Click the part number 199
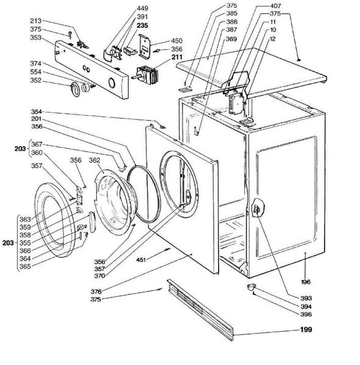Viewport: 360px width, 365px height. (x=306, y=330)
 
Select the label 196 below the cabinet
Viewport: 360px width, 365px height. (x=306, y=282)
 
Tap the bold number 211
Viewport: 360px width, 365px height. (x=177, y=57)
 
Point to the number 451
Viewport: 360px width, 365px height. (x=141, y=259)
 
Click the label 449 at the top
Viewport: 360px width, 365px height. (x=142, y=9)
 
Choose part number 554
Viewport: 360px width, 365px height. (x=36, y=72)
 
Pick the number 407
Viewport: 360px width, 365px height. (x=275, y=5)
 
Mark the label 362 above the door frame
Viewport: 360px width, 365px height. (x=94, y=160)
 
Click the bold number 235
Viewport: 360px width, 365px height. (x=142, y=26)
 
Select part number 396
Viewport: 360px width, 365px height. (x=306, y=315)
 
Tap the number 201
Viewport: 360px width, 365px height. (x=37, y=119)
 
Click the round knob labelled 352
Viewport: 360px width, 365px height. (x=76, y=89)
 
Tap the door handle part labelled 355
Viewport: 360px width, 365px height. (x=91, y=222)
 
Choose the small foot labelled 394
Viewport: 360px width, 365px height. (x=251, y=287)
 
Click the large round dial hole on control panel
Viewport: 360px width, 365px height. (x=111, y=82)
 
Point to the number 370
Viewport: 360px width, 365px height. (x=99, y=276)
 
